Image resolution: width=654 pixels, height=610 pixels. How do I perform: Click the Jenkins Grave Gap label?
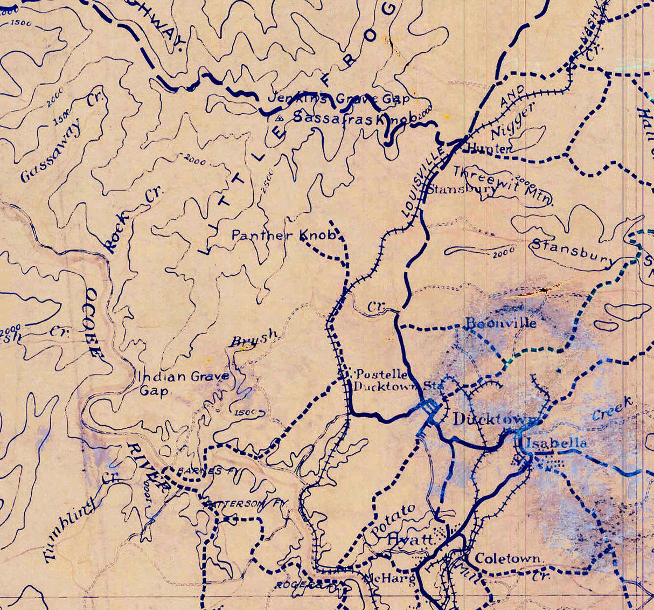pyautogui.click(x=338, y=99)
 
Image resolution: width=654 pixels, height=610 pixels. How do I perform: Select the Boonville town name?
pyautogui.click(x=501, y=323)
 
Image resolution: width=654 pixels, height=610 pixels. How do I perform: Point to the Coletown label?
pyautogui.click(x=507, y=558)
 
